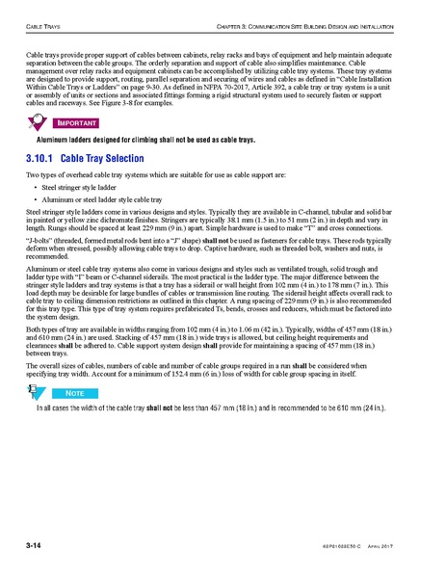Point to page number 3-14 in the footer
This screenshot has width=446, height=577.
pyautogui.click(x=38, y=547)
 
